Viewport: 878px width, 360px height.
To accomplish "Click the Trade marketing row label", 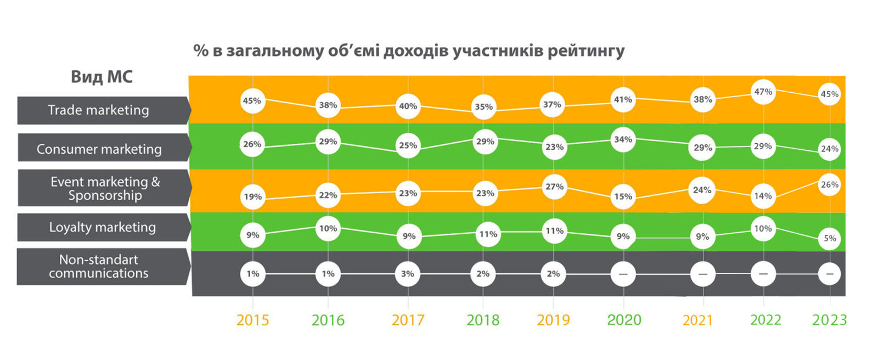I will click(x=99, y=110).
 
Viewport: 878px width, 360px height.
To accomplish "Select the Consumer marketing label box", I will click(x=99, y=149).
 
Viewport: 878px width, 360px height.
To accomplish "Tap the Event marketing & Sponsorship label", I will click(x=105, y=188).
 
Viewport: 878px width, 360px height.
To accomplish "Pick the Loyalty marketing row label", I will click(x=103, y=227).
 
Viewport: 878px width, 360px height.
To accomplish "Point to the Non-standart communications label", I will click(x=99, y=267).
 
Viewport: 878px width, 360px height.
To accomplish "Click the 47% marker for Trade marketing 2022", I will click(x=763, y=92).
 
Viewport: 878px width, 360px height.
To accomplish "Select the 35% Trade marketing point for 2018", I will click(x=483, y=107).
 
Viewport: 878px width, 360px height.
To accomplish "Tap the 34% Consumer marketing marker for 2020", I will click(x=623, y=140).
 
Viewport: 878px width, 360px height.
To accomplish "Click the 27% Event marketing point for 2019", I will click(x=554, y=187).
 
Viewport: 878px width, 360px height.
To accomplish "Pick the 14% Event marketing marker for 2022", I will click(x=763, y=196).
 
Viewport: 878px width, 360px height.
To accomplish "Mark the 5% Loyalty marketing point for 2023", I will click(x=830, y=239).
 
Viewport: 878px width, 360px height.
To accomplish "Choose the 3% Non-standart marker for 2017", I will click(x=408, y=274).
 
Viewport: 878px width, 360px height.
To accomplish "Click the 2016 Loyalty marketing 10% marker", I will click(x=328, y=229).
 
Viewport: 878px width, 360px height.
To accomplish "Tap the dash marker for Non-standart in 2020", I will click(x=623, y=274).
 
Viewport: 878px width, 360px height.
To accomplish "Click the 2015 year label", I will click(x=252, y=320).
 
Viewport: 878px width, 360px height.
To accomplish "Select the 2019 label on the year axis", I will click(x=553, y=320).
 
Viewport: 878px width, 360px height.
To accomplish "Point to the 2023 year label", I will click(x=829, y=320).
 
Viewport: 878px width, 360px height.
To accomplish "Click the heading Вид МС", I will click(x=102, y=77).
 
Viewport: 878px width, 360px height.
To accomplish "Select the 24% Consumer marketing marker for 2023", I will click(x=830, y=149).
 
